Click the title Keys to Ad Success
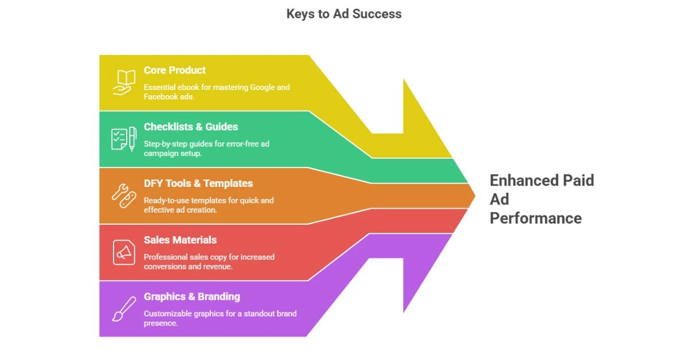pyautogui.click(x=344, y=14)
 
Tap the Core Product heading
pyautogui.click(x=174, y=70)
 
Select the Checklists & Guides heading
pyautogui.click(x=190, y=127)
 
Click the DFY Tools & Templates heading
pyautogui.click(x=198, y=183)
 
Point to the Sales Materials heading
pyautogui.click(x=180, y=240)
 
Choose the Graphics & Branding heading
pyautogui.click(x=191, y=296)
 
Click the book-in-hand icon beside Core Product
pyautogui.click(x=123, y=82)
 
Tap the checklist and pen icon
pyautogui.click(x=123, y=139)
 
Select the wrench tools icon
pyautogui.click(x=123, y=195)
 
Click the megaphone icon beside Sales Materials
pyautogui.click(x=123, y=252)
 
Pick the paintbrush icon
pyautogui.click(x=123, y=308)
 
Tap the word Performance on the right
pyautogui.click(x=535, y=218)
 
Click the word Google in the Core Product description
pyautogui.click(x=263, y=87)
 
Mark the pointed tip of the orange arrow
pyautogui.click(x=475, y=195)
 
